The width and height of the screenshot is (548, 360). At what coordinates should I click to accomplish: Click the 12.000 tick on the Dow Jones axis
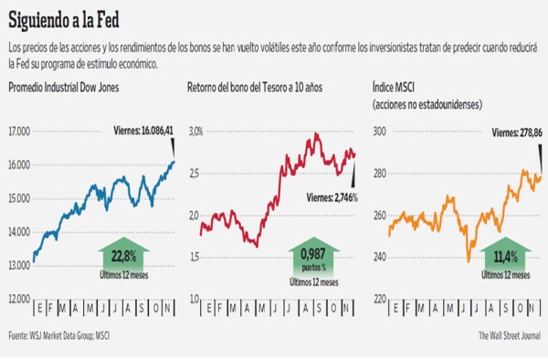tap(20, 298)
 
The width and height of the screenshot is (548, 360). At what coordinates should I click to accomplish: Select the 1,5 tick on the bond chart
tap(193, 257)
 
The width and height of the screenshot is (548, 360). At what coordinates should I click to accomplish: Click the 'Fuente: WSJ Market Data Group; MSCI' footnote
tap(71, 334)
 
